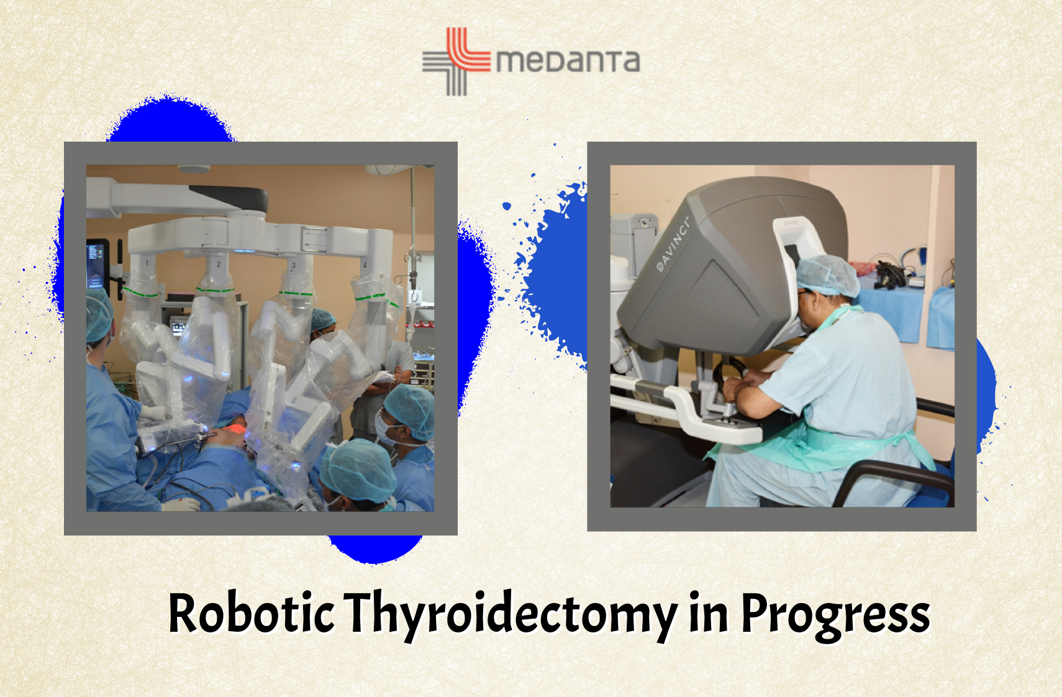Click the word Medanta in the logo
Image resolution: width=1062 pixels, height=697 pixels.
568,61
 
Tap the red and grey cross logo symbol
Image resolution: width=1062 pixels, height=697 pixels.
456,61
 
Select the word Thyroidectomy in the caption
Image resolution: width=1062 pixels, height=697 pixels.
510,616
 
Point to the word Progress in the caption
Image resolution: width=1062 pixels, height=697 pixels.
835,616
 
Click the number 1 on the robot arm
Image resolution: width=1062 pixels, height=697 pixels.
147,263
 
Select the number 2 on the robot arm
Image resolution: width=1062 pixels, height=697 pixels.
219,264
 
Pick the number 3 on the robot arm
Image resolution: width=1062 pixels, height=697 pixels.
294,265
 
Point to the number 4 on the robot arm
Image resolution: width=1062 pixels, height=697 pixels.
365,265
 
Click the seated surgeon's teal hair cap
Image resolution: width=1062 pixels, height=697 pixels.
828,275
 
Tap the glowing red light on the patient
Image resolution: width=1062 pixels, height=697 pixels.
237,429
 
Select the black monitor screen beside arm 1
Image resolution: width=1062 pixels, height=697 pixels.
97,265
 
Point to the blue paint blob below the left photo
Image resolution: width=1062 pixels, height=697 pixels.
374,549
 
